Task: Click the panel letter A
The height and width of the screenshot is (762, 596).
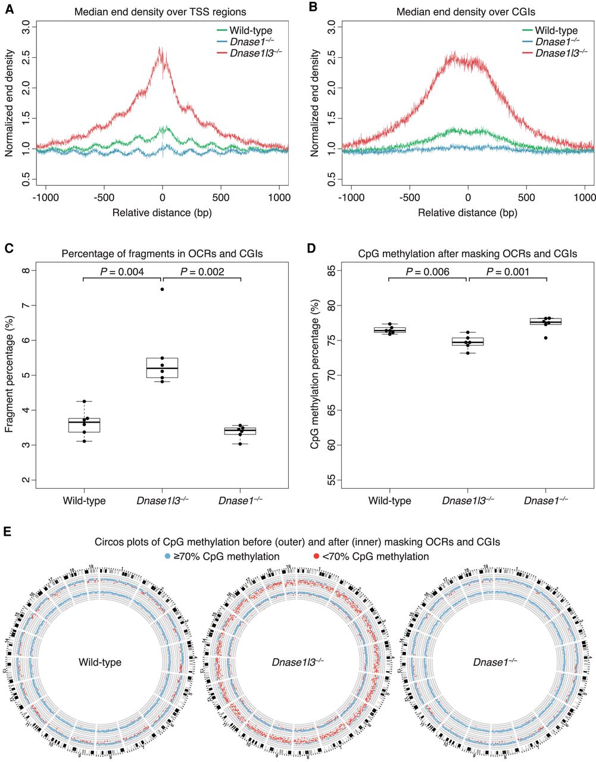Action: [x=8, y=8]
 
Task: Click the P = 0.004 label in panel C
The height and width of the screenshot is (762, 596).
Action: [x=122, y=272]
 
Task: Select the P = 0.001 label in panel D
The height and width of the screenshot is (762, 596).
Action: [x=508, y=272]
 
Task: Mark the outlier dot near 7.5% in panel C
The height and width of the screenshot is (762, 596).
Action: [x=162, y=289]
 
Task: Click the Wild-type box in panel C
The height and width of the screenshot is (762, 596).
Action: [x=84, y=425]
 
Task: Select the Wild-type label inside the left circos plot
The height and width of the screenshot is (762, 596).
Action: [x=99, y=662]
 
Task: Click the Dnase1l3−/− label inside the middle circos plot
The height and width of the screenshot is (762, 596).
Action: [x=298, y=662]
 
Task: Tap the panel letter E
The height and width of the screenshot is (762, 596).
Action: [x=8, y=532]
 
